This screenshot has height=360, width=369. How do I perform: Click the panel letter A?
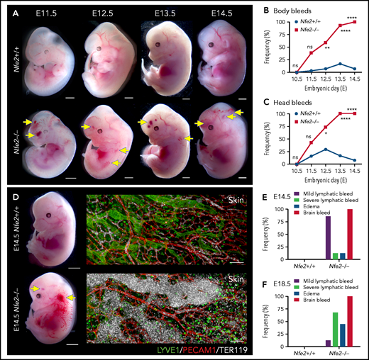pos(7,10)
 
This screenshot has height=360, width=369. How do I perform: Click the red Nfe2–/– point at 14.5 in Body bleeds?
pos(352,21)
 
